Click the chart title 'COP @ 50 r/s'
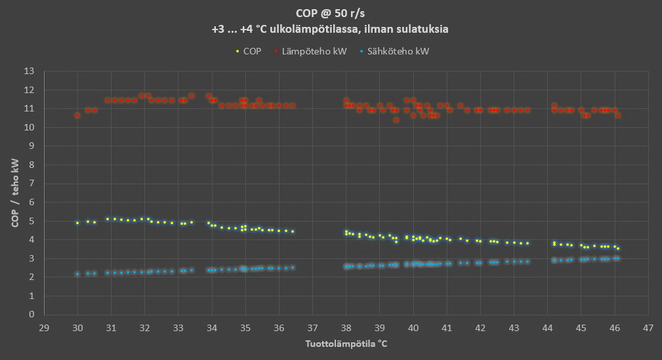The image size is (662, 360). tap(331, 13)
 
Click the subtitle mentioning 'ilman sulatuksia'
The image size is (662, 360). tap(331, 29)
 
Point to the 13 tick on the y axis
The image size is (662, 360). tap(29, 71)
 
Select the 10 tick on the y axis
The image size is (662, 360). tap(29, 127)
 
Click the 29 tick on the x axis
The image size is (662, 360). tap(44, 327)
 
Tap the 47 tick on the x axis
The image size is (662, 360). tap(648, 327)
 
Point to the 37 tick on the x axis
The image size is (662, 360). tap(312, 327)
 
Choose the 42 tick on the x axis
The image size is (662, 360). tap(480, 327)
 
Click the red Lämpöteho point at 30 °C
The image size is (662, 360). tap(77, 115)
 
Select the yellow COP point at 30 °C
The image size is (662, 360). tap(77, 223)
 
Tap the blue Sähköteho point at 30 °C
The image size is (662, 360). tap(77, 274)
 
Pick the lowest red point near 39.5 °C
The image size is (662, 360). tap(396, 120)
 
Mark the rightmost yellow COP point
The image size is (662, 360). tap(617, 249)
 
